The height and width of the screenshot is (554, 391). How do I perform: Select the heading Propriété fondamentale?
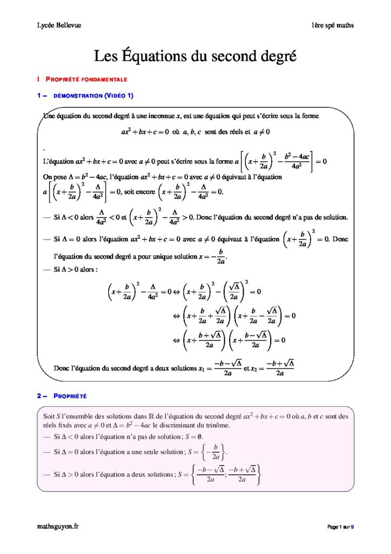[86, 80]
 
